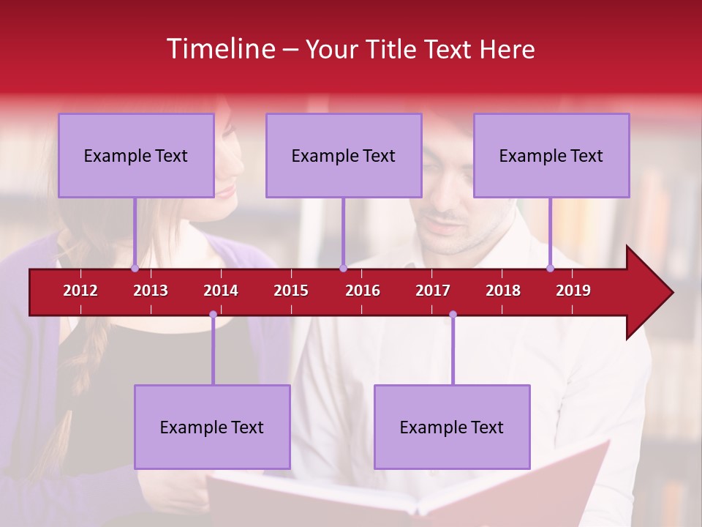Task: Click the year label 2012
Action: tap(80, 291)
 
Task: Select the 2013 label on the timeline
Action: tap(151, 291)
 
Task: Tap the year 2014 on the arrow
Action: tap(221, 291)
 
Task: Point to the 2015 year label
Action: tap(291, 291)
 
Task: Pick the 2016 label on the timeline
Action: tap(363, 291)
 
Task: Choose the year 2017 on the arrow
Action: tap(433, 291)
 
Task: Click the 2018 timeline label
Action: tap(503, 291)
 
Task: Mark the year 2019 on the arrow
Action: tap(573, 291)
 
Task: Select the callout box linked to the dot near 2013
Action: tap(136, 155)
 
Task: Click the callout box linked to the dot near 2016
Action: tap(344, 155)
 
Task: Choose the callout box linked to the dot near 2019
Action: tap(551, 155)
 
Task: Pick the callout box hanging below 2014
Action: tap(212, 427)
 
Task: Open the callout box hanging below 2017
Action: tap(452, 427)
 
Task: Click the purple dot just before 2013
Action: tap(135, 268)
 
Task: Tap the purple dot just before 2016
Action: tap(343, 268)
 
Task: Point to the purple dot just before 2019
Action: tap(550, 268)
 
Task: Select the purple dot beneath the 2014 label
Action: tap(213, 315)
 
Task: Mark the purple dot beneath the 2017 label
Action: tap(453, 315)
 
